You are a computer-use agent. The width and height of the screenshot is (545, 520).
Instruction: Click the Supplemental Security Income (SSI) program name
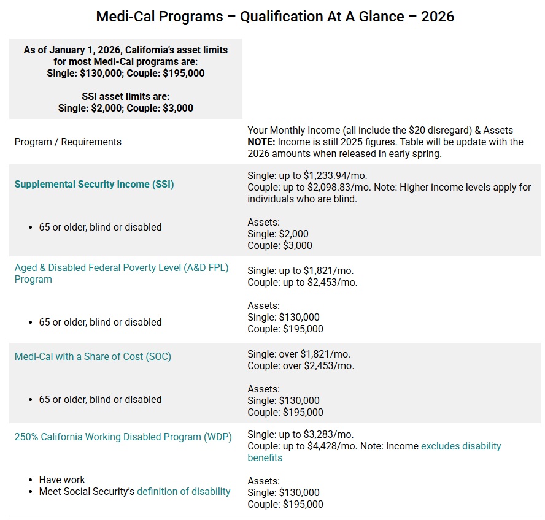coord(94,184)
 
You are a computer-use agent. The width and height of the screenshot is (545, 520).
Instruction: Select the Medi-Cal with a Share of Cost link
coord(93,356)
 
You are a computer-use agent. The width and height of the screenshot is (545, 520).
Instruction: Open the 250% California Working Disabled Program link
coord(123,437)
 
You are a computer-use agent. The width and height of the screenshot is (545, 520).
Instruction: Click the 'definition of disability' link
coord(184,491)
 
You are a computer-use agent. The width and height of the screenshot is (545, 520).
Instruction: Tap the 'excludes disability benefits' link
coord(460,446)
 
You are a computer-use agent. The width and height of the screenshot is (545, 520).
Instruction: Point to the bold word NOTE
coord(261,142)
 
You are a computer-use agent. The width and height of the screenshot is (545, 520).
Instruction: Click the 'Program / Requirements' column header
coord(68,142)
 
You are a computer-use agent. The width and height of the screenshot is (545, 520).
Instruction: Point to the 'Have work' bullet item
coord(62,480)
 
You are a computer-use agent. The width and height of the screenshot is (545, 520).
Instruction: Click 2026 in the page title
coord(438,16)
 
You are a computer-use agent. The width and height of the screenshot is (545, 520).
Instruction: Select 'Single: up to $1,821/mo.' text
coord(300,270)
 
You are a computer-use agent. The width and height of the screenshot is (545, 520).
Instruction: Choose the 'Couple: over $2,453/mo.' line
coord(301,365)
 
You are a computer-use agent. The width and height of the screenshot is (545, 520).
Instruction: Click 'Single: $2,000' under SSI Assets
coord(278,234)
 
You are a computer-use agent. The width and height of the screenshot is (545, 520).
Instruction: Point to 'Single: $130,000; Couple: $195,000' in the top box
coord(126,73)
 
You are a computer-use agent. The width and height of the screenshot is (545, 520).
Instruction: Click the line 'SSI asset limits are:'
coord(126,96)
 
